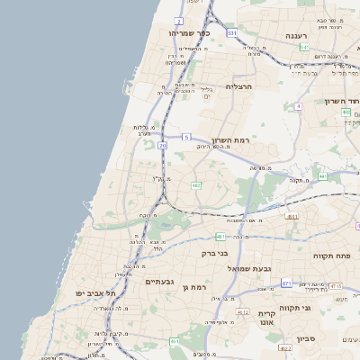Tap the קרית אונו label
tap(266, 315)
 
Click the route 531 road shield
tap(232, 33)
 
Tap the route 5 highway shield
tap(186, 136)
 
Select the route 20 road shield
tap(162, 144)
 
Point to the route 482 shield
tap(195, 185)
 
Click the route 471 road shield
tap(286, 283)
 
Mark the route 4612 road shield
tap(242, 311)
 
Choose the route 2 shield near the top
tap(179, 20)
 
